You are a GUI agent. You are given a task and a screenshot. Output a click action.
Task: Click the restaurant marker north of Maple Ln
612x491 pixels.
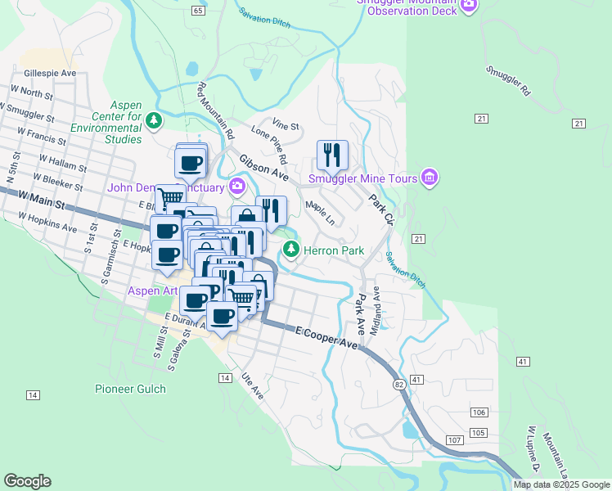coord(332,154)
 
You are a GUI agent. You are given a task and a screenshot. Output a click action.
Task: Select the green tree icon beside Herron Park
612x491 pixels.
coord(290,249)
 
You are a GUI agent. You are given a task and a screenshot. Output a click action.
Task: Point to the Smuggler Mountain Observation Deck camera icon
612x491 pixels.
coord(469,5)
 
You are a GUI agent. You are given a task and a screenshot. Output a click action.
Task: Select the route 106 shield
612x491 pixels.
coord(479,412)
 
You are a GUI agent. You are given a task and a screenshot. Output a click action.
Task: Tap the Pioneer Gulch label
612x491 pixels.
coord(130,389)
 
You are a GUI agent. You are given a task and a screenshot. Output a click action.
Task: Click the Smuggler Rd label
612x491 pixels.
coord(508,82)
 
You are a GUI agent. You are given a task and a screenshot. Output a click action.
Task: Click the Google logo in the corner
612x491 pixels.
coord(27,481)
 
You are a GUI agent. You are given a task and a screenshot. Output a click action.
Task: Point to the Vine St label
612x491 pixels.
coord(286,125)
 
